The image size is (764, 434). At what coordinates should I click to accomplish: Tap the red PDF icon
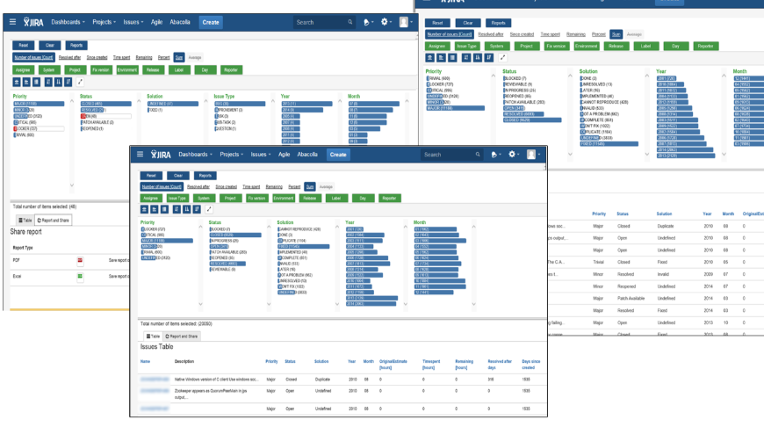[x=79, y=261]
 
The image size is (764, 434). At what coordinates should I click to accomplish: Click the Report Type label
[x=24, y=248]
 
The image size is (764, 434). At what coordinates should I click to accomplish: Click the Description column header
[x=184, y=361]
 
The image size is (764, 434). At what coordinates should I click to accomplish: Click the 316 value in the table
[x=491, y=379]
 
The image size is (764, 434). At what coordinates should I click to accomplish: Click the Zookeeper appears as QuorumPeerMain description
[x=211, y=393]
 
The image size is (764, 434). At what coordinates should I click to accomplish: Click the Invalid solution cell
[x=665, y=273]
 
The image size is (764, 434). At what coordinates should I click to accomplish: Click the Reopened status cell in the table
[x=625, y=286]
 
